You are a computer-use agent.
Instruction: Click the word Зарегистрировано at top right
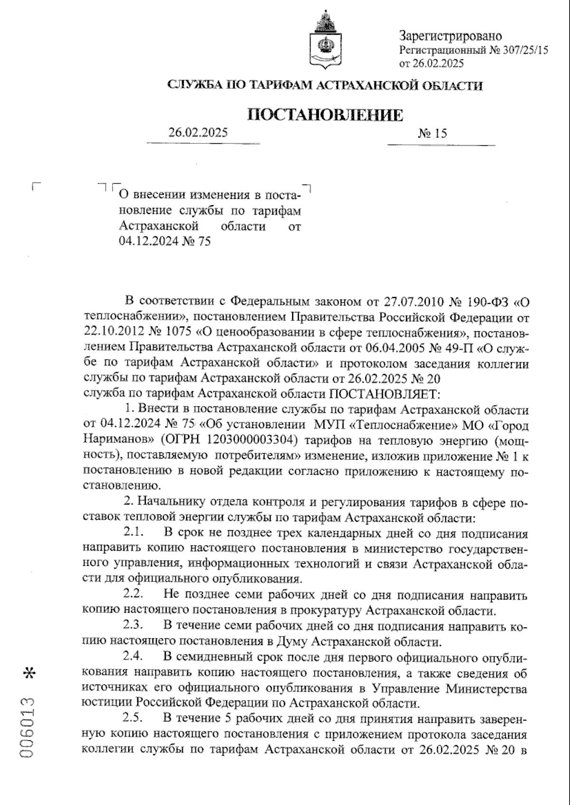(x=450, y=36)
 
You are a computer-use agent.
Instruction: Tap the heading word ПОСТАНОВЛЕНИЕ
(x=325, y=115)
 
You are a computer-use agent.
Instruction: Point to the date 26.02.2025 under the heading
(x=198, y=133)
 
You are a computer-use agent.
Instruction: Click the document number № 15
(x=432, y=133)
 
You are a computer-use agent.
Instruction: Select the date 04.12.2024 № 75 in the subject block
(x=164, y=241)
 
